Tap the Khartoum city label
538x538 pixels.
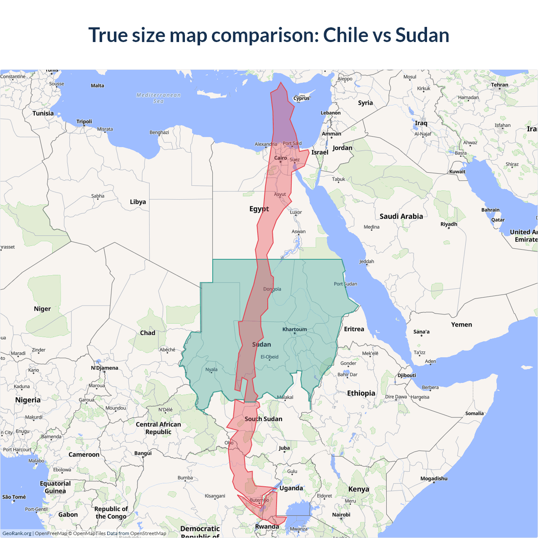point(294,329)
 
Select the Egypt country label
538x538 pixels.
point(259,209)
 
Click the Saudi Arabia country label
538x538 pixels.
point(401,216)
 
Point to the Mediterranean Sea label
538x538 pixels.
point(158,98)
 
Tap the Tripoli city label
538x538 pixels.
point(84,121)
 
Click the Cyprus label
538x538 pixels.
point(301,98)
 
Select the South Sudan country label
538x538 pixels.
point(264,419)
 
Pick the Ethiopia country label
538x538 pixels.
point(361,393)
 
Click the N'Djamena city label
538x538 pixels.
point(105,368)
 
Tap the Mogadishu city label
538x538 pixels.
point(434,478)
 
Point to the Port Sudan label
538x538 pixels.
point(345,284)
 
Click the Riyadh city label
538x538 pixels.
point(448,224)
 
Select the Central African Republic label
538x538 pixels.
point(158,428)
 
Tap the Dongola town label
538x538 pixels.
point(272,289)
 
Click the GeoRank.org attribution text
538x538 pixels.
point(17,533)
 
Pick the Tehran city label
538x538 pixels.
point(499,85)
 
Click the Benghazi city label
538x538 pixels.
point(159,132)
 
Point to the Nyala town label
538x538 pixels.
point(211,370)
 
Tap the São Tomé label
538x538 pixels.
point(14,497)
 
